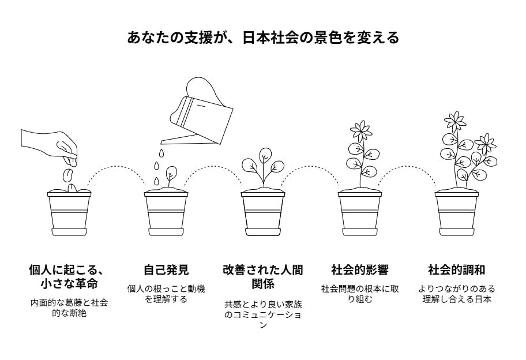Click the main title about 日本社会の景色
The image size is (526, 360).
(263, 38)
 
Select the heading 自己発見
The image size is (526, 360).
(166, 270)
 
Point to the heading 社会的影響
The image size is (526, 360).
(360, 270)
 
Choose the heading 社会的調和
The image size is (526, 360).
(457, 270)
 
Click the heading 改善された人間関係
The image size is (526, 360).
(263, 277)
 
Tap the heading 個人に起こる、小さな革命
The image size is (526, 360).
(69, 277)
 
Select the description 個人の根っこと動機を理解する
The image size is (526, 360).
(166, 294)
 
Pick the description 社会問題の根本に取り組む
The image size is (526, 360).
(360, 294)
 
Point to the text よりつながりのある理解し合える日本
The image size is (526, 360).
(457, 294)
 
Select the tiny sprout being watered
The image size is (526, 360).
(170, 176)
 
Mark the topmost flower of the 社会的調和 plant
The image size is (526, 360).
(455, 121)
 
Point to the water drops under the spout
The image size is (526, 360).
(157, 167)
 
